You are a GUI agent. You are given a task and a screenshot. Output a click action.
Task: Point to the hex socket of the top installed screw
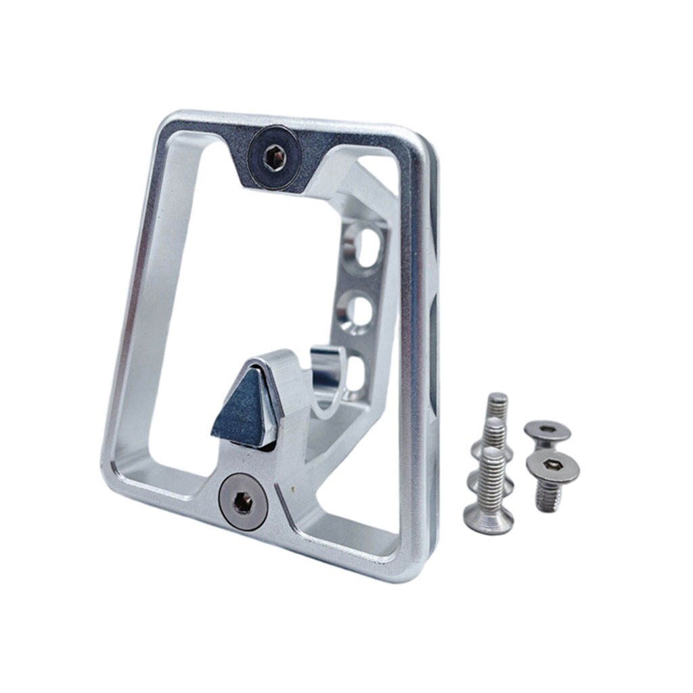[x=273, y=158]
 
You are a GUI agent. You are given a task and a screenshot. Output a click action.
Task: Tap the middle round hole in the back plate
[x=357, y=313]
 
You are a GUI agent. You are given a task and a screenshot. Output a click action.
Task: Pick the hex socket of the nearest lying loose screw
[x=552, y=465]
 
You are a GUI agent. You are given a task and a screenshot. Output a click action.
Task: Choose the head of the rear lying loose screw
[x=547, y=430]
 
